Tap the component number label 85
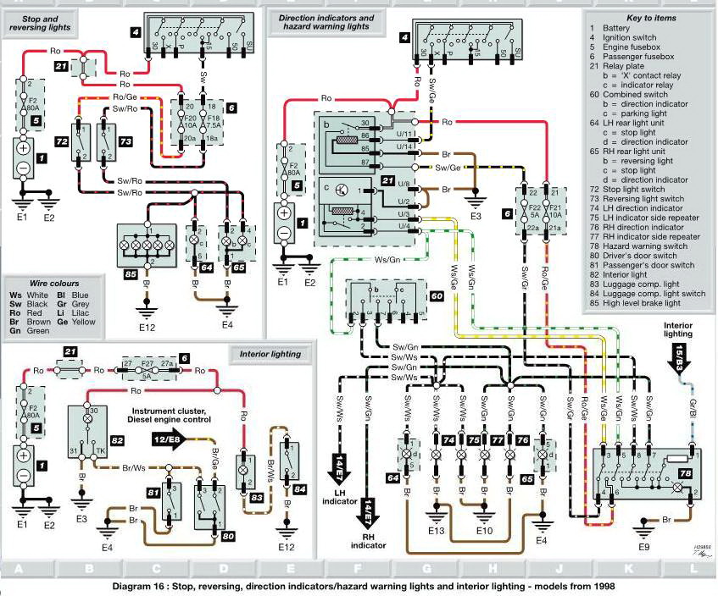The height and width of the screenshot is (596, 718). pyautogui.click(x=130, y=275)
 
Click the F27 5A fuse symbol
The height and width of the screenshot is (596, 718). pyautogui.click(x=148, y=370)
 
